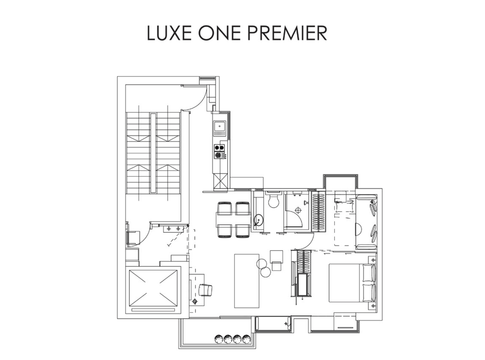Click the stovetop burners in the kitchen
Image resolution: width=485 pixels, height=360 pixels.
coord(219,151)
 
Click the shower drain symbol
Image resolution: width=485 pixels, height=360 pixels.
coord(299,209)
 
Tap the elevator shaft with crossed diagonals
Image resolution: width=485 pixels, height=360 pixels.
coord(153,288)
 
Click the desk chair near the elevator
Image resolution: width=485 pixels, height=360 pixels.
coord(206,290)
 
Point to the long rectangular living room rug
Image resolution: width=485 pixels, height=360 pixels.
coord(246,281)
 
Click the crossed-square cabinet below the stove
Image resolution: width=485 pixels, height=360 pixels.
coord(220,181)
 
